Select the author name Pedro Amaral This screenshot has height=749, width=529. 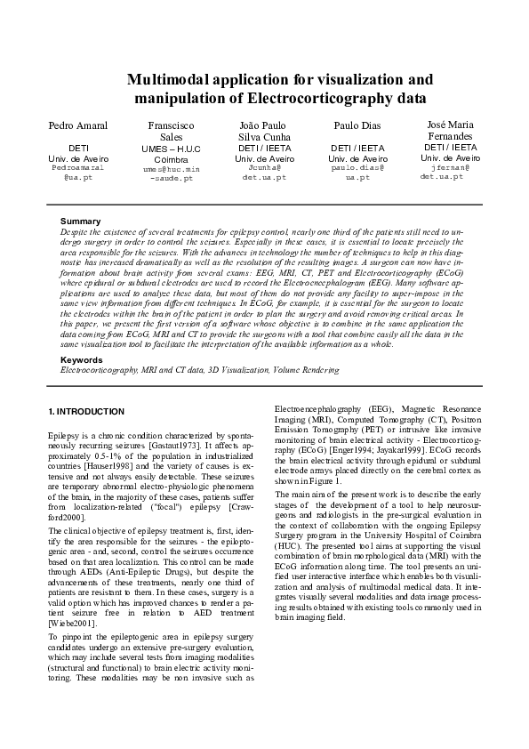72,126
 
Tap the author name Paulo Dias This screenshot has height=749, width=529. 357,126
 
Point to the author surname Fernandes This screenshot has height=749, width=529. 449,135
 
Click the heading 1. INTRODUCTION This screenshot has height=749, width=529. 85,411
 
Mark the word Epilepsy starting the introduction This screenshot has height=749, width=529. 64,431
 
